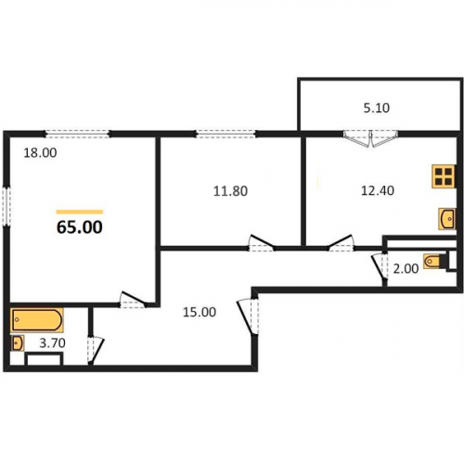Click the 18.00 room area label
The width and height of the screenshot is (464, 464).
(x=40, y=153)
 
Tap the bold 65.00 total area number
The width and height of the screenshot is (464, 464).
(x=80, y=227)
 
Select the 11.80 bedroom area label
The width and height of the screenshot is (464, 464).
(x=230, y=191)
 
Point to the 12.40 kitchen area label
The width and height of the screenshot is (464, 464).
(x=378, y=190)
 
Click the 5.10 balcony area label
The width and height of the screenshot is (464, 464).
(x=377, y=108)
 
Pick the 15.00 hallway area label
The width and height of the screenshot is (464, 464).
(x=200, y=312)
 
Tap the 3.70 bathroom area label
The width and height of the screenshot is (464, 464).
(x=52, y=343)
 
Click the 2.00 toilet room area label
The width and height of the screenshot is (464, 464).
(x=406, y=269)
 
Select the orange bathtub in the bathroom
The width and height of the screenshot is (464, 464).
(x=37, y=320)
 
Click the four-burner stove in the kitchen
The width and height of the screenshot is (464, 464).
(x=444, y=176)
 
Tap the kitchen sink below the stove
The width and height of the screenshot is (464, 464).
(x=447, y=219)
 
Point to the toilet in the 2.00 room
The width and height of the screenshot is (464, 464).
(x=434, y=262)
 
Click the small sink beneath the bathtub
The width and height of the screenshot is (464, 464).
(x=18, y=343)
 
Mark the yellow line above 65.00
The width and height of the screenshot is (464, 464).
(x=80, y=212)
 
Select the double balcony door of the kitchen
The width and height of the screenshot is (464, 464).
(x=370, y=138)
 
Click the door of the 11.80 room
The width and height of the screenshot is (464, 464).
(x=262, y=243)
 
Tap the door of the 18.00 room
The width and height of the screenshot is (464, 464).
(x=133, y=300)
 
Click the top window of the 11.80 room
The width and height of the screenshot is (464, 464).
(x=226, y=134)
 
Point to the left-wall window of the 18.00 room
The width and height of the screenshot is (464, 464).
(x=6, y=206)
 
